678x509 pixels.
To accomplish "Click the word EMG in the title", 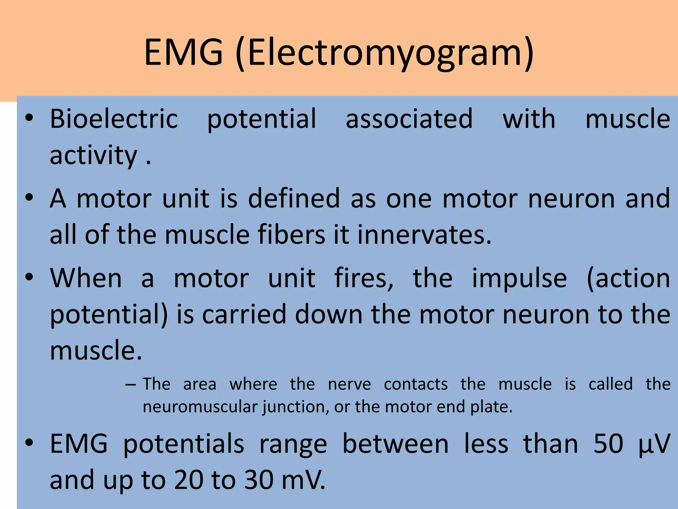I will click(x=183, y=52).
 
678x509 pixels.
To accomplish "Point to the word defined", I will click(x=294, y=198).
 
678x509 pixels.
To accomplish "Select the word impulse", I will click(x=519, y=278).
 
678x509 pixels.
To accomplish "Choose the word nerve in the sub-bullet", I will click(x=349, y=384).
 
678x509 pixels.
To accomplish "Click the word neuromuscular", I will click(x=200, y=407).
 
